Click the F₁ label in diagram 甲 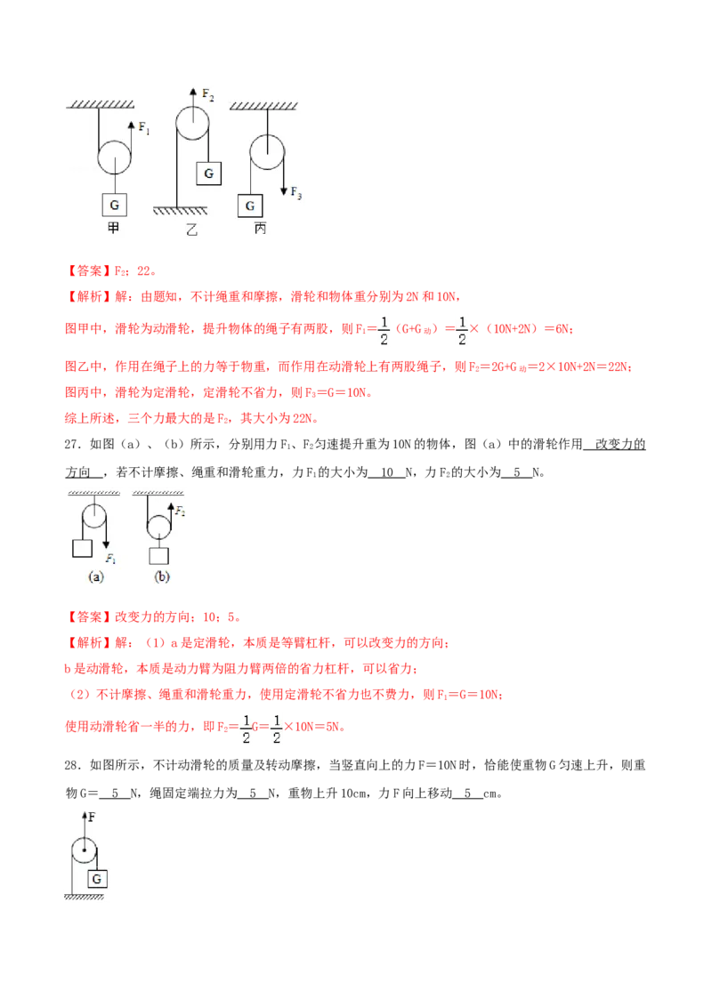(x=144, y=128)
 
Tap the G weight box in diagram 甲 (x=115, y=205)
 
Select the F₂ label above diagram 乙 (x=207, y=95)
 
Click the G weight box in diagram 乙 (x=209, y=173)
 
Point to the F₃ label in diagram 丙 (x=295, y=192)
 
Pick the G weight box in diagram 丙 (x=250, y=205)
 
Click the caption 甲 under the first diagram (x=114, y=228)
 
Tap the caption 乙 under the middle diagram (x=191, y=230)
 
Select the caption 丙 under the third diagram (x=260, y=229)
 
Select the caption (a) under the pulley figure (x=96, y=576)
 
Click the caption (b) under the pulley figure (x=162, y=576)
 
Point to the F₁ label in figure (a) (x=110, y=559)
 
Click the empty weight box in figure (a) (x=82, y=549)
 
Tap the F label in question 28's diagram (x=92, y=818)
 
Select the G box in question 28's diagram (x=97, y=879)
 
